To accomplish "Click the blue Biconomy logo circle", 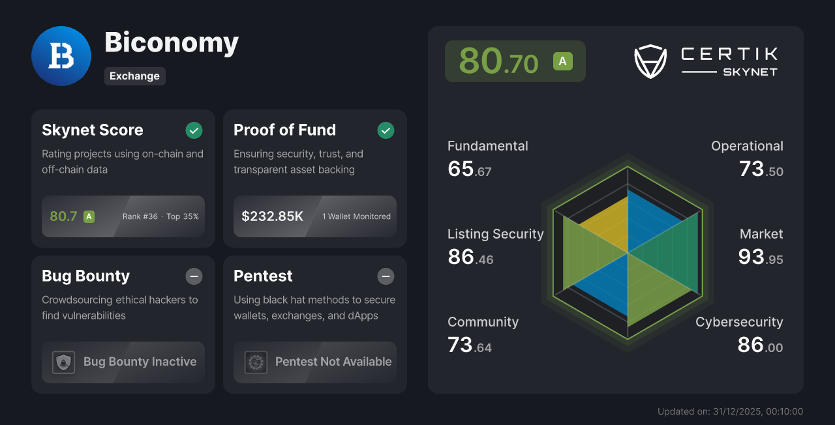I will point(61,56).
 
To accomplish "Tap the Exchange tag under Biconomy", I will point(134,76).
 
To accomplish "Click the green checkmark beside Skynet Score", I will point(194,130).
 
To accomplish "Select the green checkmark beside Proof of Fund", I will point(386,130).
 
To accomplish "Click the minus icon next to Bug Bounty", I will point(194,276).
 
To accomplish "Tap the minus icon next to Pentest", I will point(386,276).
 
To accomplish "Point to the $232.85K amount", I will point(272,216).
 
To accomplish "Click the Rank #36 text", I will point(140,216).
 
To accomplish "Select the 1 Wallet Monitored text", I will point(356,216).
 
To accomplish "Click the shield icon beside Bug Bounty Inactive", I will point(63,362).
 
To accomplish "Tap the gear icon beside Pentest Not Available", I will point(256,362).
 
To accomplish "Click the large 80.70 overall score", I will point(498,61).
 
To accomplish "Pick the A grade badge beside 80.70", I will point(562,61).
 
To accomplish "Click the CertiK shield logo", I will point(650,61).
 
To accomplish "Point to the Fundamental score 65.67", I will point(469,169).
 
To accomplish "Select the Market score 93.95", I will point(760,257).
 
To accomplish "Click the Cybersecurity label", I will point(739,322).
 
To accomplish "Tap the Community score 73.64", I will point(469,345).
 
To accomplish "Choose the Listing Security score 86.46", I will point(470,257).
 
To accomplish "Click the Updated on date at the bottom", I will point(730,411).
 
